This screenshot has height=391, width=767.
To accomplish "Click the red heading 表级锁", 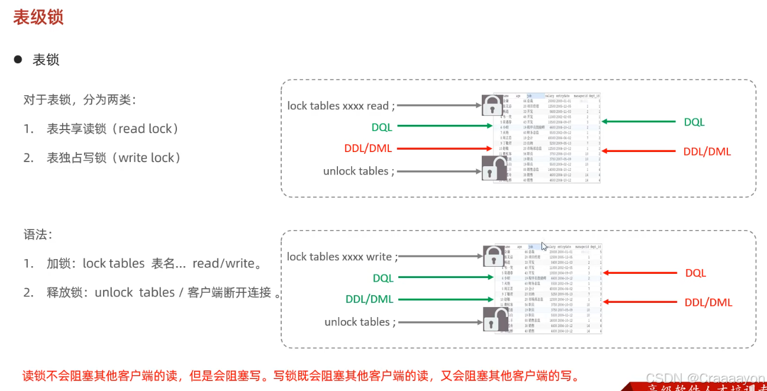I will pyautogui.click(x=38, y=17).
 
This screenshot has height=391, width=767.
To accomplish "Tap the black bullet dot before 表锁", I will pyautogui.click(x=18, y=60).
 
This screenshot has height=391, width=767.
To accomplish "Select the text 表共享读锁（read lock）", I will pyautogui.click(x=112, y=129).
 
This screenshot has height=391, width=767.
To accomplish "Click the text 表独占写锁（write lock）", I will pyautogui.click(x=114, y=158).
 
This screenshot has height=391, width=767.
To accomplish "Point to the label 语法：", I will pyautogui.click(x=38, y=235).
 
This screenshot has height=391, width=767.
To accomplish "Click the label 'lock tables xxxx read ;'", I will pyautogui.click(x=341, y=106).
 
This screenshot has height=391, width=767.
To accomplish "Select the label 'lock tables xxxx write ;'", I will pyautogui.click(x=342, y=257).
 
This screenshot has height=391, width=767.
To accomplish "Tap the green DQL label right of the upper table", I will pyautogui.click(x=694, y=122).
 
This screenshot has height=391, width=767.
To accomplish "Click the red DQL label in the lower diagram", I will pyautogui.click(x=696, y=273).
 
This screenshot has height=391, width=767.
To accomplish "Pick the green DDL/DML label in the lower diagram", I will pyautogui.click(x=369, y=299).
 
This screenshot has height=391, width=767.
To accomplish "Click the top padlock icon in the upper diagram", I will pyautogui.click(x=492, y=105).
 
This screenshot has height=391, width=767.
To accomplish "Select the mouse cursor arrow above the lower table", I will pyautogui.click(x=544, y=246).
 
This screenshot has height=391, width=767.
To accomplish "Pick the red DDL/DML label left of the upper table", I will pyautogui.click(x=368, y=148).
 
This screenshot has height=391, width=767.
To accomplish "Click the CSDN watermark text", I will pyautogui.click(x=705, y=378).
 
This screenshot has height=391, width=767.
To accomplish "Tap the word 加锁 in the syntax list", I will pyautogui.click(x=61, y=264).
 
